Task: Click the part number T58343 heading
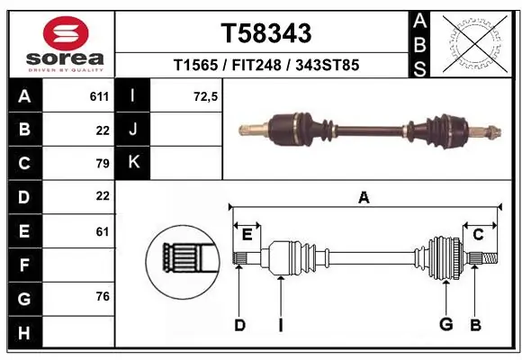266,33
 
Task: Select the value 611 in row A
99,96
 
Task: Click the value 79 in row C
102,163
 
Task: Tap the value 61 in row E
102,231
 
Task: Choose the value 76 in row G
102,296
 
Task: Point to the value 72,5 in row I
206,96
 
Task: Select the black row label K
134,163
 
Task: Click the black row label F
23,265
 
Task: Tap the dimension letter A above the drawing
364,198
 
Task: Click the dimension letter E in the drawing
247,235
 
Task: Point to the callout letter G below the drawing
445,325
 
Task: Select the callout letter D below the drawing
239,325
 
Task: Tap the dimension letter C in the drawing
479,235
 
